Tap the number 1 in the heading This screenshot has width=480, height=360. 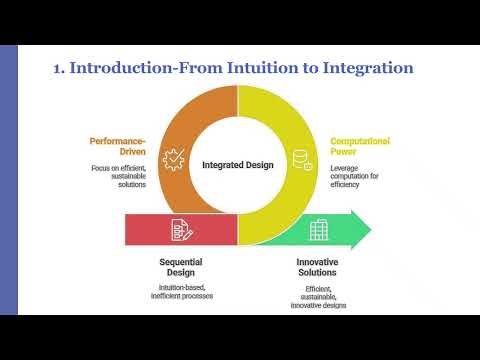57,68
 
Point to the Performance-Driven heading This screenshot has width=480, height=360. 118,148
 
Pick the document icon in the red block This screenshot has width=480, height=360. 180,229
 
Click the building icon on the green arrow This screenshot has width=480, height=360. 319,229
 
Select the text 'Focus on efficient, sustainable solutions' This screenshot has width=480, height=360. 117,178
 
